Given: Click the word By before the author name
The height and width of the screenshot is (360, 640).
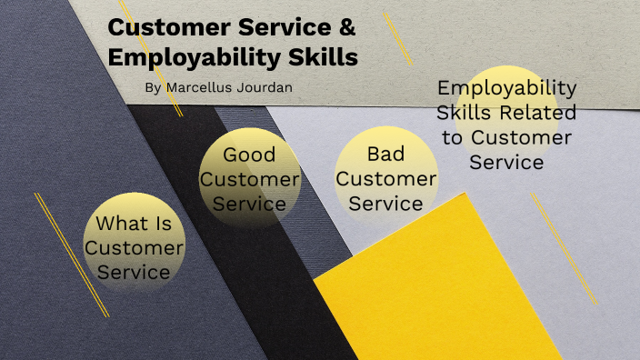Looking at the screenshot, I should tap(151, 87).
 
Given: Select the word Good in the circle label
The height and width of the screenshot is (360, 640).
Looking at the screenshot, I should tap(249, 155).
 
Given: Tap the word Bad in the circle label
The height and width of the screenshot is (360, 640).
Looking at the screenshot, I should tap(385, 154).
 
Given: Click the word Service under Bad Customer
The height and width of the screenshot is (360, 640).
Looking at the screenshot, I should tap(385, 204).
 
